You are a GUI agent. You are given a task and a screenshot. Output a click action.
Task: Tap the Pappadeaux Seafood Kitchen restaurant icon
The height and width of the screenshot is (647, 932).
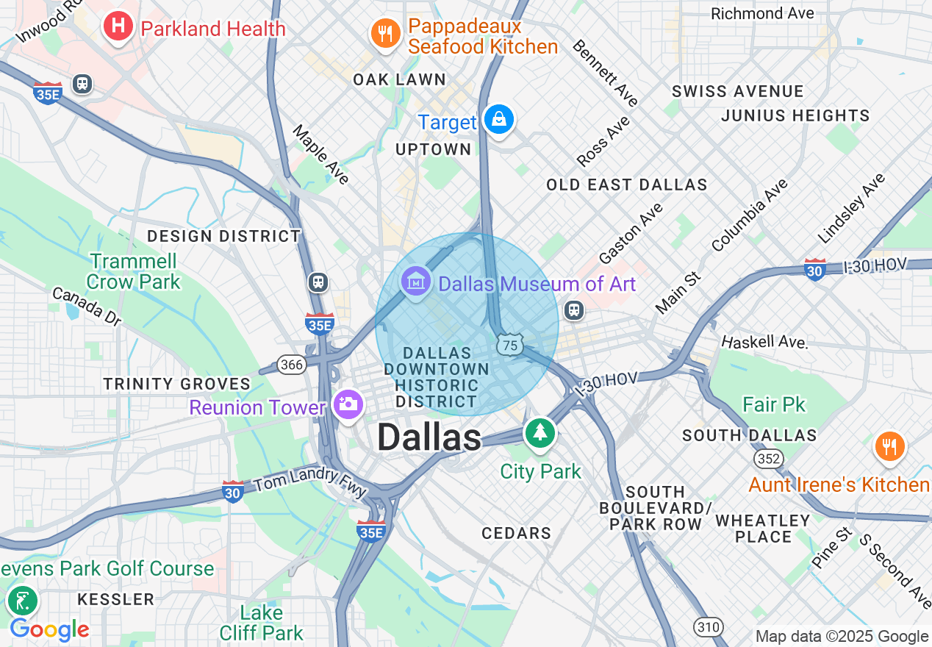pyautogui.click(x=384, y=33)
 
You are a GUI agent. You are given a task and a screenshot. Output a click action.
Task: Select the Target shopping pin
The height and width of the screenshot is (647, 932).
pyautogui.click(x=499, y=118)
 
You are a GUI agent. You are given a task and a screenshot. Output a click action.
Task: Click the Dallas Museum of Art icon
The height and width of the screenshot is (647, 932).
pyautogui.click(x=416, y=282)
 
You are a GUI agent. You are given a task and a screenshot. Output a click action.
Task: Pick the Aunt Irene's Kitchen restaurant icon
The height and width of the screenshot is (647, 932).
pyautogui.click(x=889, y=446)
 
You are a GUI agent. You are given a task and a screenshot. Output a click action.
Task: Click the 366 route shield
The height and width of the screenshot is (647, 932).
pyautogui.click(x=291, y=364)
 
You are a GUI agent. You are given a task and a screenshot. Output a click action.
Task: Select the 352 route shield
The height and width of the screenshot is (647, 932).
pyautogui.click(x=768, y=459)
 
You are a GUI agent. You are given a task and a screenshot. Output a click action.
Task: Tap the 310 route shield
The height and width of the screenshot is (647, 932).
pyautogui.click(x=709, y=626)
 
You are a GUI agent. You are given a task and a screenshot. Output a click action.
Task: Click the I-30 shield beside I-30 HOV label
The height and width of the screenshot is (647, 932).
pyautogui.click(x=814, y=269)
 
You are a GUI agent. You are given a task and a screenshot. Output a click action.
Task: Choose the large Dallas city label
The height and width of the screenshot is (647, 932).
pyautogui.click(x=429, y=438)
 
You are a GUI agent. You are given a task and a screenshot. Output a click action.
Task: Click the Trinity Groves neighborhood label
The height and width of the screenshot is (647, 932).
pyautogui.click(x=177, y=384)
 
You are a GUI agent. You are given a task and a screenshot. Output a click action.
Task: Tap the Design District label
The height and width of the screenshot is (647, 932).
pyautogui.click(x=223, y=236)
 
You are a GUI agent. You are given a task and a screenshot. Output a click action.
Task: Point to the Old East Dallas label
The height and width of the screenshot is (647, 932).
pyautogui.click(x=626, y=185)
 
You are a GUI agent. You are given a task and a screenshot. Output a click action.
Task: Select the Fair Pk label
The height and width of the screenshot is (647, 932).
pyautogui.click(x=773, y=404)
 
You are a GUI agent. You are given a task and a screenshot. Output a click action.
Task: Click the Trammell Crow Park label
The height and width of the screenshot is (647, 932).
pyautogui.click(x=133, y=271)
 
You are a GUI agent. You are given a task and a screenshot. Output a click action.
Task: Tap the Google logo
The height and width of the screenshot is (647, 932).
pyautogui.click(x=49, y=629)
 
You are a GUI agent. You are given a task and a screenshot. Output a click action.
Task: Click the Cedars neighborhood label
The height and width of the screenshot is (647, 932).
pyautogui.click(x=516, y=533)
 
